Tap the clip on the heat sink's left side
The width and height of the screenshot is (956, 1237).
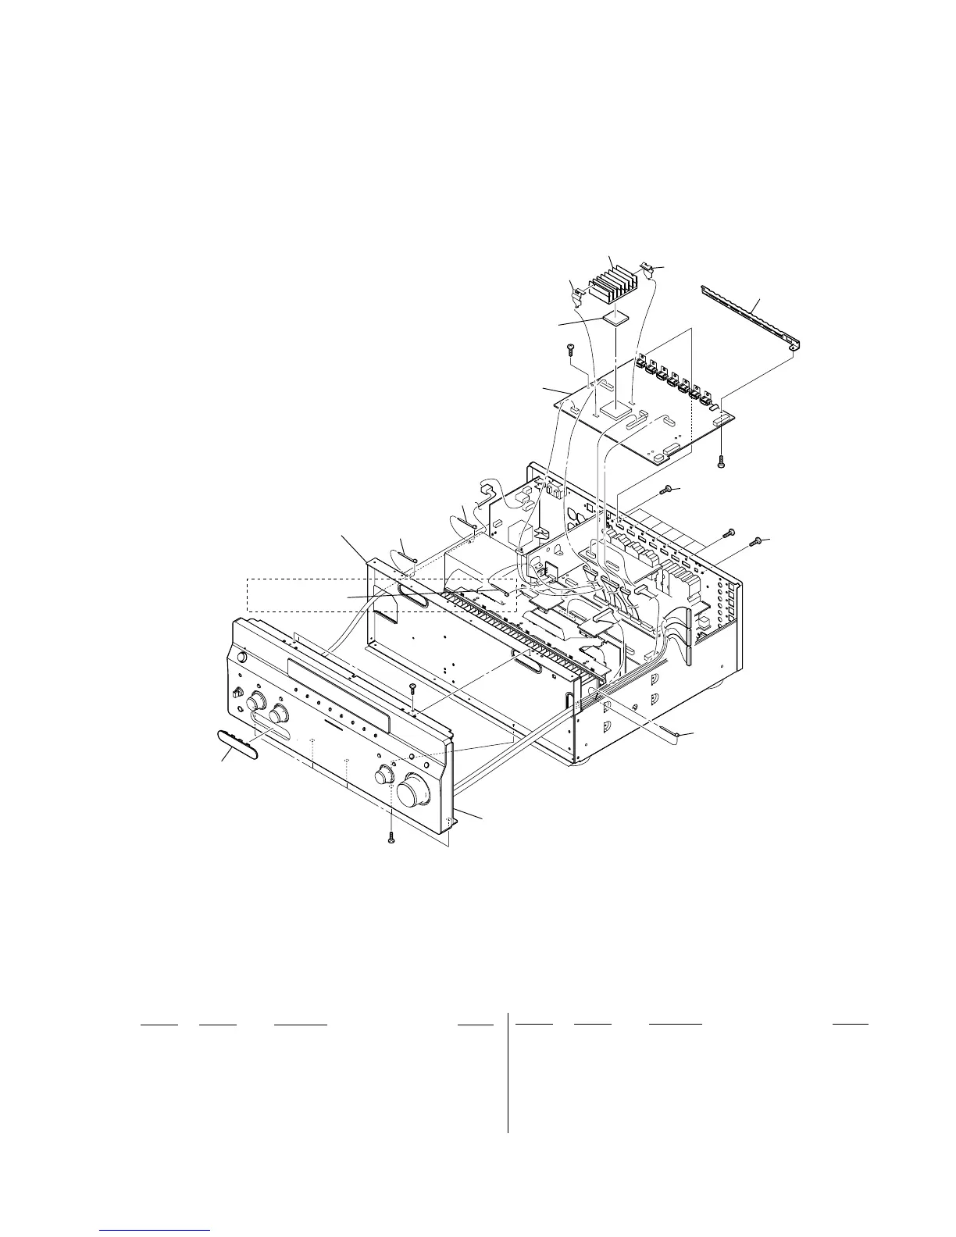579,294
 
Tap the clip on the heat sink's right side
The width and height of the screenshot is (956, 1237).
647,270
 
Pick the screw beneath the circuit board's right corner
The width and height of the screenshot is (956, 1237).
721,460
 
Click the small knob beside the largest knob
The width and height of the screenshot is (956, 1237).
383,775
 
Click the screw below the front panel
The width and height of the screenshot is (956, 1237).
391,836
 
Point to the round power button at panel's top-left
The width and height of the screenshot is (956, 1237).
240,658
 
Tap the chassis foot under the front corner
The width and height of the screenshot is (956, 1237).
582,759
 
